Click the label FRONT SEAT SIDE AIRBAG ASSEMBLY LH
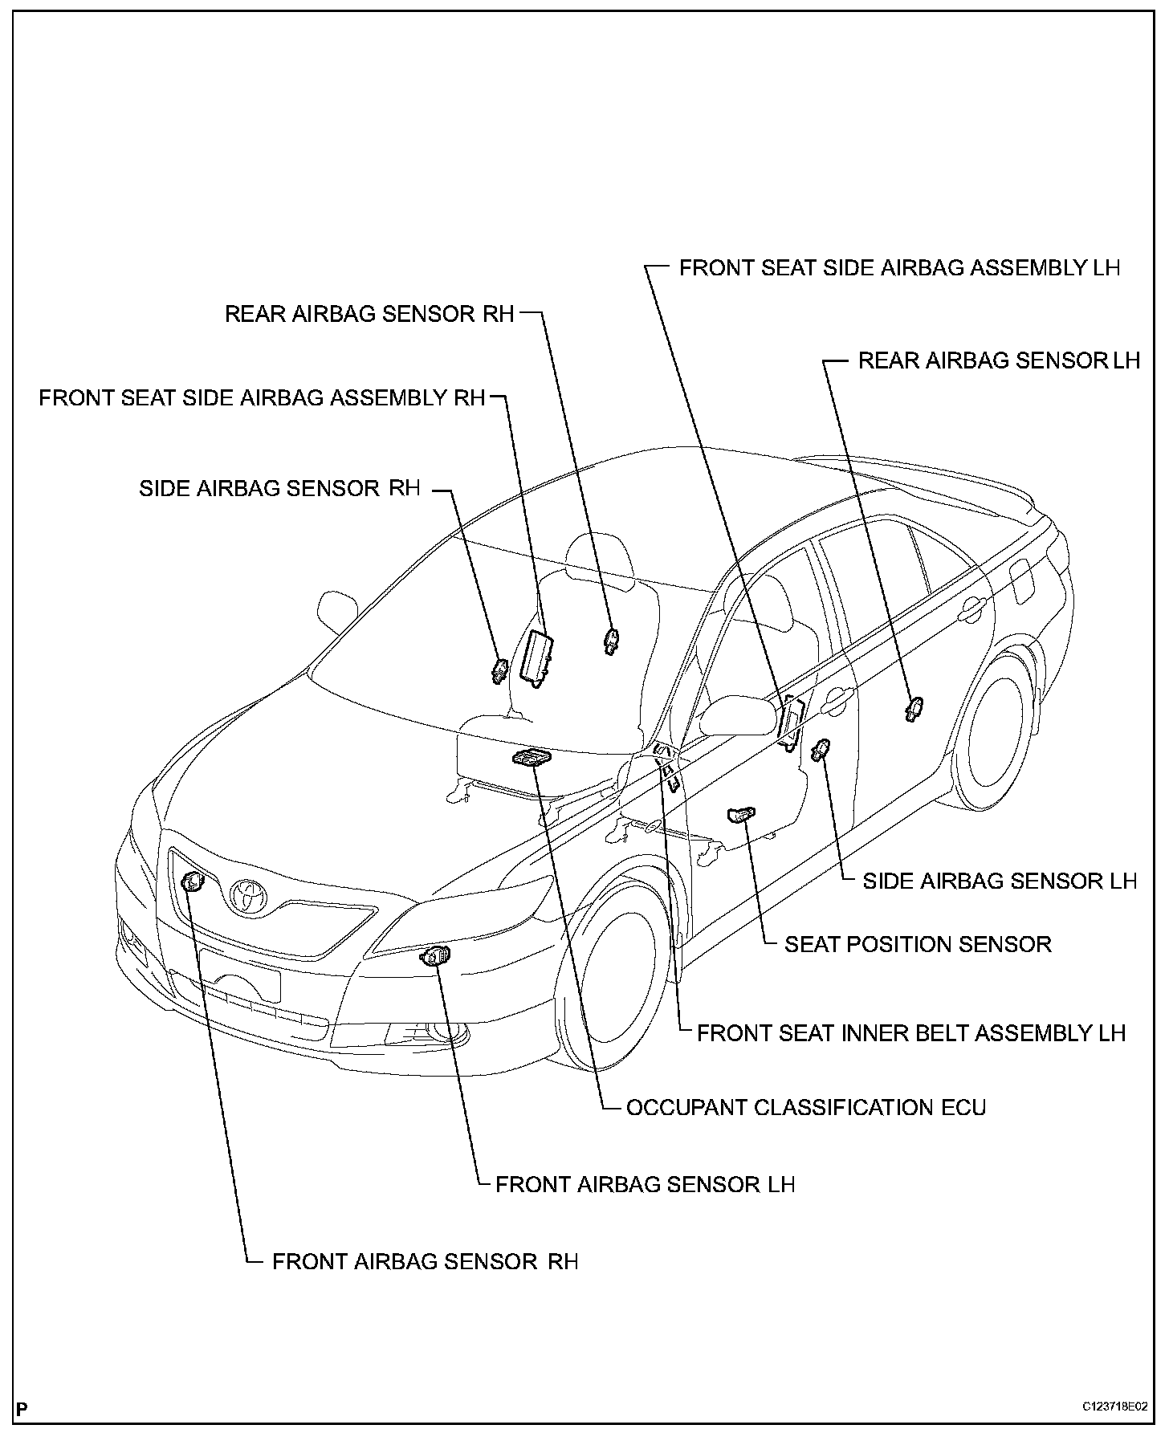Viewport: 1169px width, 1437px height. click(x=899, y=267)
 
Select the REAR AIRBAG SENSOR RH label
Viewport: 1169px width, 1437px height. click(x=369, y=314)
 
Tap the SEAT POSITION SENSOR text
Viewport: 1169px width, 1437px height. click(x=918, y=944)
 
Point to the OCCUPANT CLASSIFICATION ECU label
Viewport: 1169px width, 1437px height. click(x=805, y=1108)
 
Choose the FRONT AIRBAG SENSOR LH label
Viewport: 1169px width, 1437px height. click(x=645, y=1185)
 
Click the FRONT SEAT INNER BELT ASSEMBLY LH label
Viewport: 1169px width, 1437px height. click(x=911, y=1033)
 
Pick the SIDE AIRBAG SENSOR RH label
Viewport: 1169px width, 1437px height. click(x=279, y=488)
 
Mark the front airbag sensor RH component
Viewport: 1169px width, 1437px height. click(x=193, y=882)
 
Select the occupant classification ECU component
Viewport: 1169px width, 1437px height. click(x=531, y=757)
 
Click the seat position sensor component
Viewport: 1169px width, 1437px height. click(x=739, y=815)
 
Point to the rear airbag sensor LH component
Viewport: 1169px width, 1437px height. click(x=914, y=708)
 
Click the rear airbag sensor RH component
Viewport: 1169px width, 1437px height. click(x=612, y=640)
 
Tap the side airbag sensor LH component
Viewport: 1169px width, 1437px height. click(x=821, y=751)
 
